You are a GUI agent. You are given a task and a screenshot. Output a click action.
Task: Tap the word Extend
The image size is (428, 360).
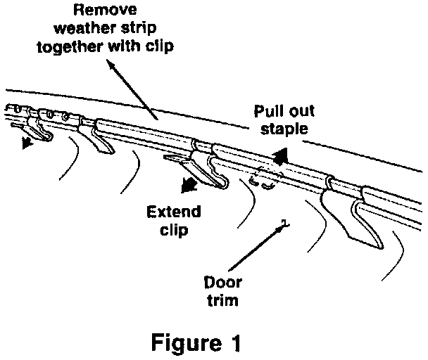pyautogui.click(x=172, y=212)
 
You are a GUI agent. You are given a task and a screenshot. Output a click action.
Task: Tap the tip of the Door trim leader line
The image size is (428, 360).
pyautogui.click(x=283, y=224)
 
